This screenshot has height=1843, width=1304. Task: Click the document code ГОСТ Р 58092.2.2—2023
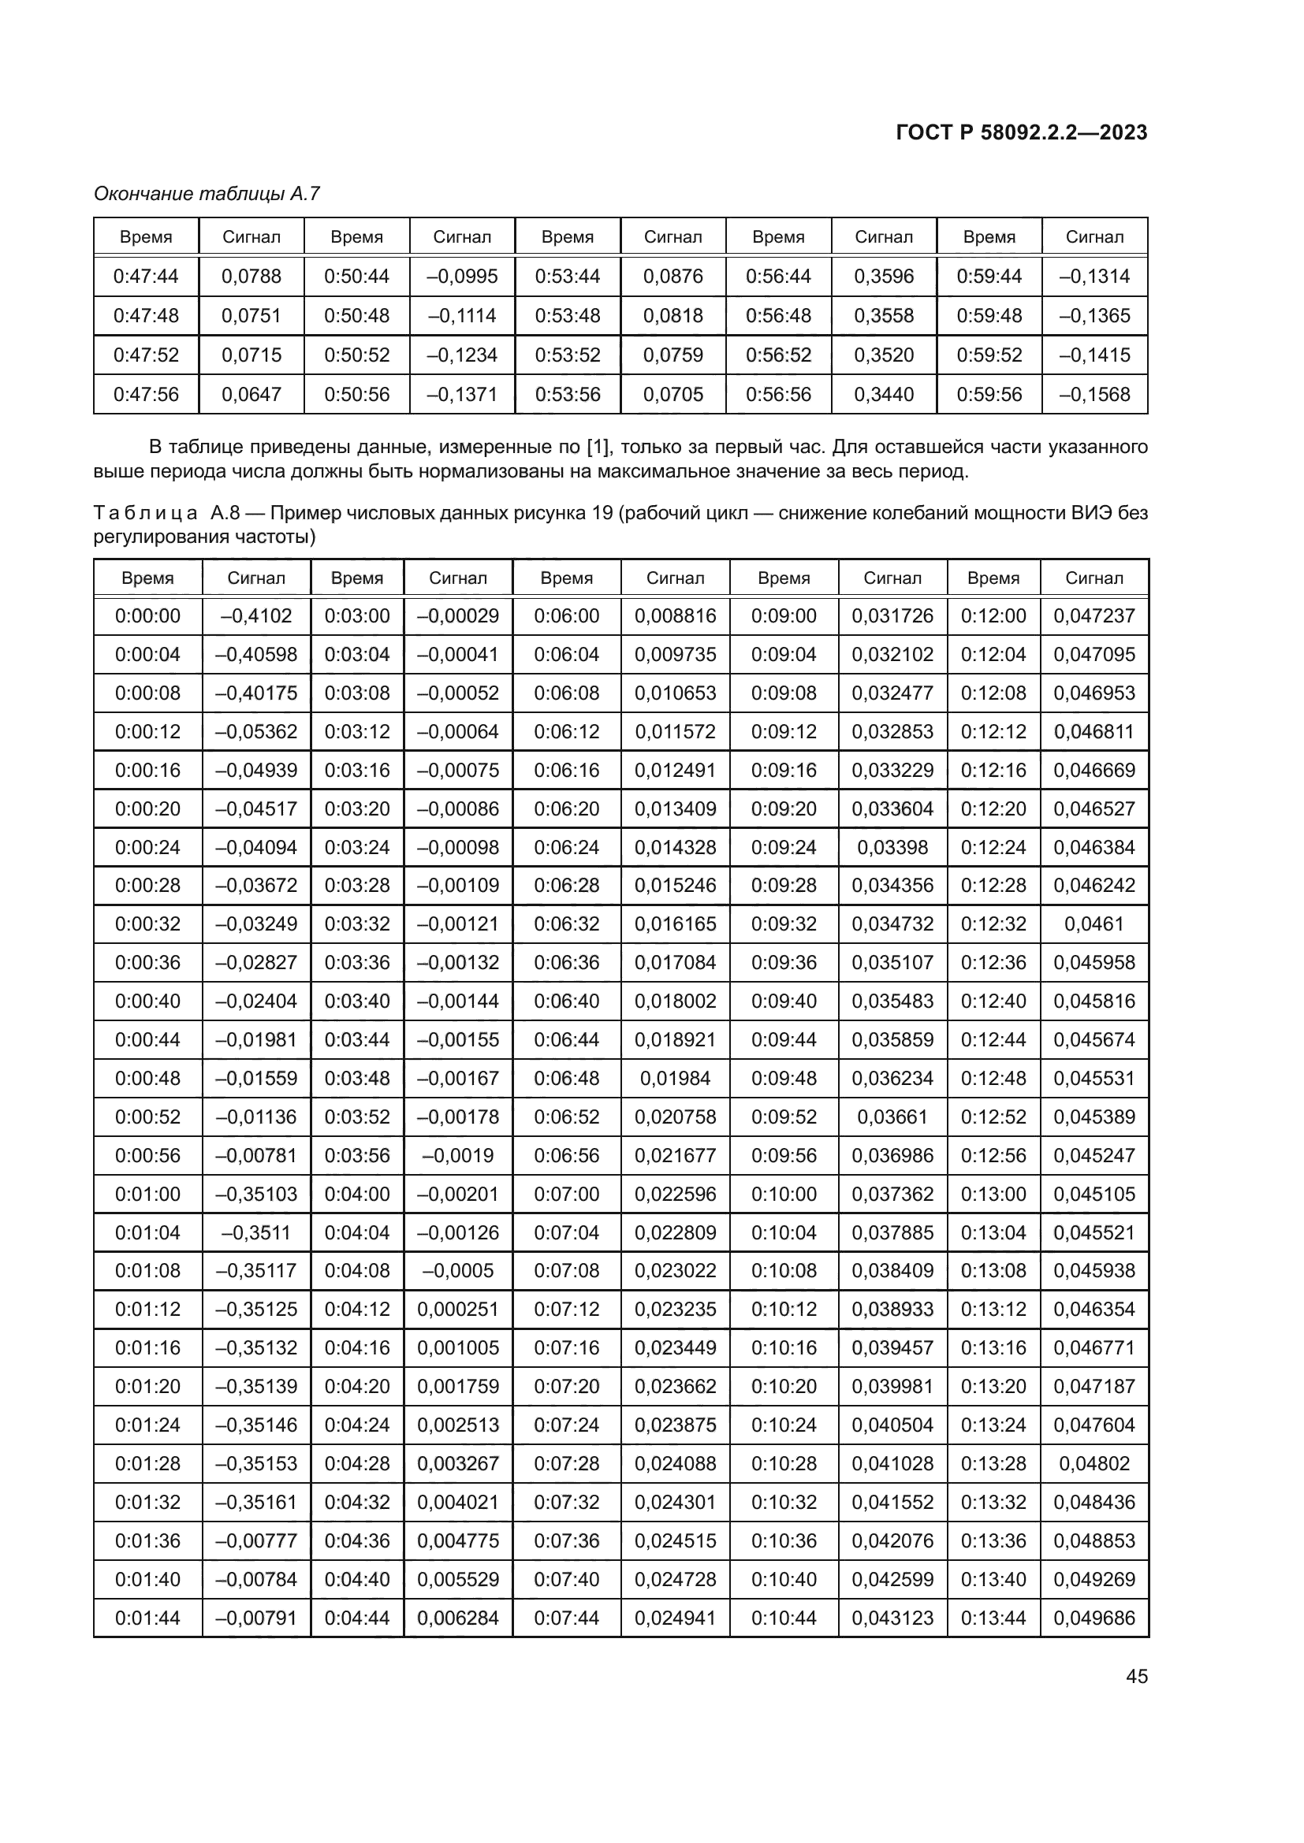pyautogui.click(x=1021, y=132)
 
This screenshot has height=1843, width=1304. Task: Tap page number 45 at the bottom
pyautogui.click(x=1136, y=1676)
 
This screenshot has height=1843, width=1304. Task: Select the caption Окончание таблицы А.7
pyautogui.click(x=207, y=194)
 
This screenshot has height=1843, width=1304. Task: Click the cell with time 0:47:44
pyautogui.click(x=146, y=276)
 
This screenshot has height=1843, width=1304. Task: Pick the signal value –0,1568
pyautogui.click(x=1093, y=394)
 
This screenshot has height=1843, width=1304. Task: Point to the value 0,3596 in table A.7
pyautogui.click(x=883, y=276)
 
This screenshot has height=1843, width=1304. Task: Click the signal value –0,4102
pyautogui.click(x=256, y=615)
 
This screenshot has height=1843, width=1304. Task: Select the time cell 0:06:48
pyautogui.click(x=566, y=1078)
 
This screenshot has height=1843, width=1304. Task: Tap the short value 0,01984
pyautogui.click(x=675, y=1078)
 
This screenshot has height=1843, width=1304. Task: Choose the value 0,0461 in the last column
pyautogui.click(x=1093, y=924)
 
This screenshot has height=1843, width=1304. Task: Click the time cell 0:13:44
pyautogui.click(x=993, y=1618)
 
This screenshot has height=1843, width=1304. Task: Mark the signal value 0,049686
pyautogui.click(x=1093, y=1618)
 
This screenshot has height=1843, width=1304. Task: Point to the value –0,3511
pyautogui.click(x=256, y=1232)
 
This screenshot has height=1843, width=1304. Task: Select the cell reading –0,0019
pyautogui.click(x=458, y=1155)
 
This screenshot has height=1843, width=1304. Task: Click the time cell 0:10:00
pyautogui.click(x=784, y=1194)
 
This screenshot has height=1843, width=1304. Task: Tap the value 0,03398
pyautogui.click(x=892, y=847)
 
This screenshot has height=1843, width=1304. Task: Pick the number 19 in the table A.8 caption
pyautogui.click(x=602, y=512)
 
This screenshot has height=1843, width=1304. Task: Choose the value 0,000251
pyautogui.click(x=458, y=1310)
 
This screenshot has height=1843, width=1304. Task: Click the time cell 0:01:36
pyautogui.click(x=147, y=1540)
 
